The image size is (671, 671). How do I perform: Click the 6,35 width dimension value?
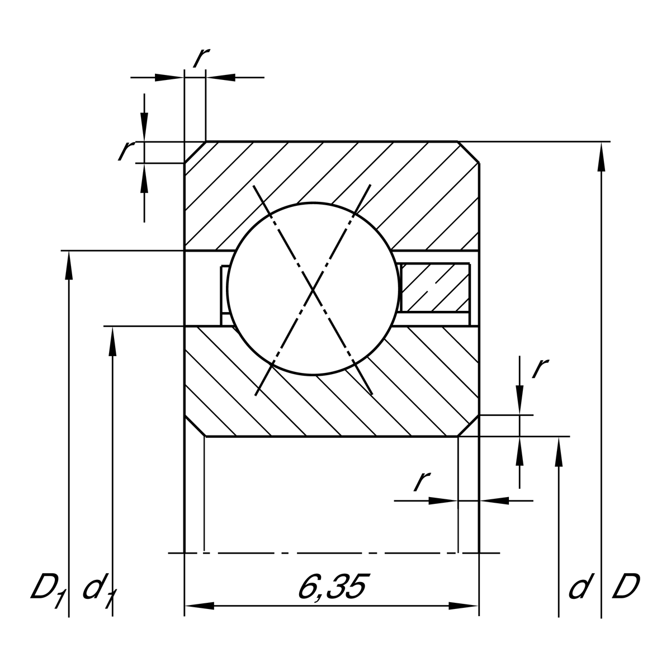pyautogui.click(x=332, y=587)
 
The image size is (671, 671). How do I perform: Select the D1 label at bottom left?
pyautogui.click(x=48, y=589)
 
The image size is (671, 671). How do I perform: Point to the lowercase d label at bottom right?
pyautogui.click(x=579, y=588)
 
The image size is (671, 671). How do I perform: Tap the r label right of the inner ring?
pyautogui.click(x=540, y=367)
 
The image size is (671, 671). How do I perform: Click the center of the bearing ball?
pyautogui.click(x=314, y=289)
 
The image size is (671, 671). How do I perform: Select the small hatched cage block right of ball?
pyautogui.click(x=435, y=287)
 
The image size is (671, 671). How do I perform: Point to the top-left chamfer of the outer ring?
pyautogui.click(x=195, y=152)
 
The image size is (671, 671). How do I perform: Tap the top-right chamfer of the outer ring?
pyautogui.click(x=469, y=152)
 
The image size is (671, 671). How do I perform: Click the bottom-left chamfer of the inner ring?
pyautogui.click(x=195, y=426)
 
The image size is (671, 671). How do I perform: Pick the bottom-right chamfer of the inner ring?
pyautogui.click(x=469, y=426)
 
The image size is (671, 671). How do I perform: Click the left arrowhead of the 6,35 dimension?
pyautogui.click(x=199, y=606)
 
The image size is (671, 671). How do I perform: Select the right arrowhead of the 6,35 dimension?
pyautogui.click(x=464, y=606)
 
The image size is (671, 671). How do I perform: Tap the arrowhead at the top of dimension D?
pyautogui.click(x=601, y=157)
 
